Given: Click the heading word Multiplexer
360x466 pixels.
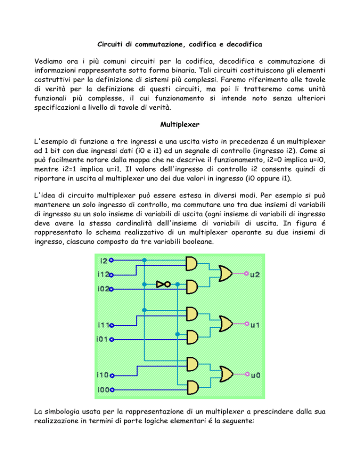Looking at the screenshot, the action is (180, 125).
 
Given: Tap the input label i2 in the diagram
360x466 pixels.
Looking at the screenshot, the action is (104, 261).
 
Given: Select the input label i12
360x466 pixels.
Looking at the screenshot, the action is (103, 274).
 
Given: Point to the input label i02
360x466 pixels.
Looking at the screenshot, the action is (103, 289).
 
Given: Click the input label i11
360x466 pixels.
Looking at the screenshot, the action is (104, 325).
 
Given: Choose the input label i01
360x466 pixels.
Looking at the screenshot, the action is (103, 339).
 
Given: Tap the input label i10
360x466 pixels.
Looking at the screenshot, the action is (103, 375).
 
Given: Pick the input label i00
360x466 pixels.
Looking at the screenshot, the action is (104, 389).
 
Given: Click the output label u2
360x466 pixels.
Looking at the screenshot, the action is (255, 274).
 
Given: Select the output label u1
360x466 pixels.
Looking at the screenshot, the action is (255, 325).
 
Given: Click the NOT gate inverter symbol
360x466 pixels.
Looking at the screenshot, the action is (164, 285).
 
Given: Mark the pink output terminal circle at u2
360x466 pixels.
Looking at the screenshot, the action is (246, 273).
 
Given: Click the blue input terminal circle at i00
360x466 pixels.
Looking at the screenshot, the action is (112, 390).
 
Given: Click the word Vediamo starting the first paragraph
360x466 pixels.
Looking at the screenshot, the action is (48, 61).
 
